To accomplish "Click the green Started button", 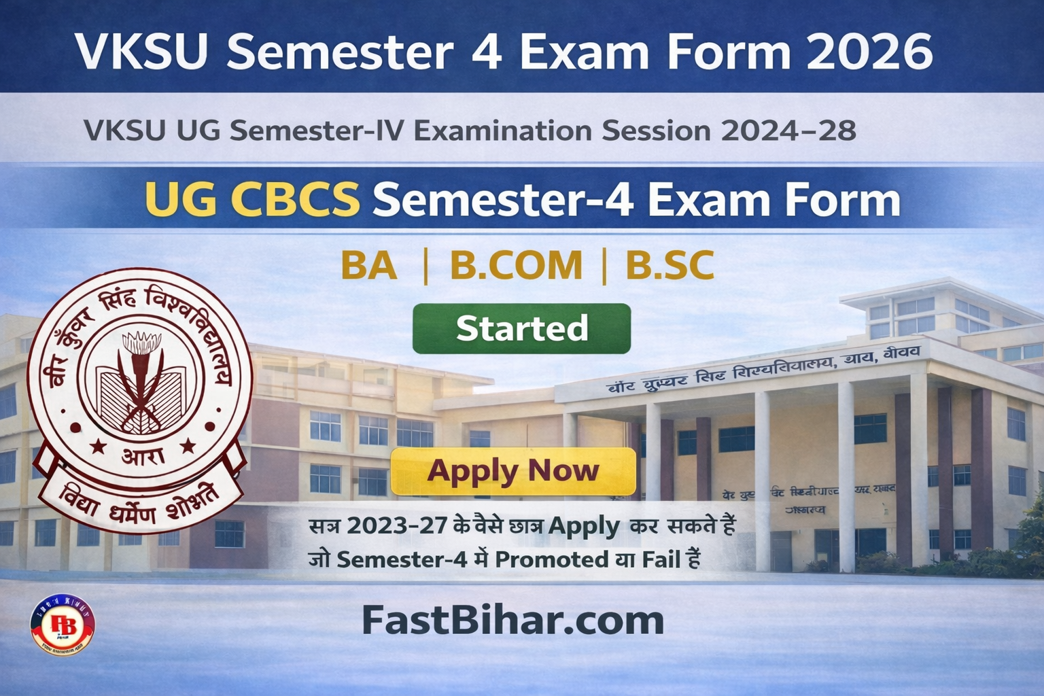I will point(521,328).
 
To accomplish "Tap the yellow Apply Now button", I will point(513,471).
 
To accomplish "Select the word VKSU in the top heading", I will point(140,51).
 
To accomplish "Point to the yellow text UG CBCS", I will point(252,201).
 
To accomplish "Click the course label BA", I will point(368,266).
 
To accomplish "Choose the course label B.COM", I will point(516,266).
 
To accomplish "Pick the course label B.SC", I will point(669,266).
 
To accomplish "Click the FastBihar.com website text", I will point(512,620).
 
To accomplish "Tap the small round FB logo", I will point(63,625).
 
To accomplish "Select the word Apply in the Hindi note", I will point(584,525).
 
